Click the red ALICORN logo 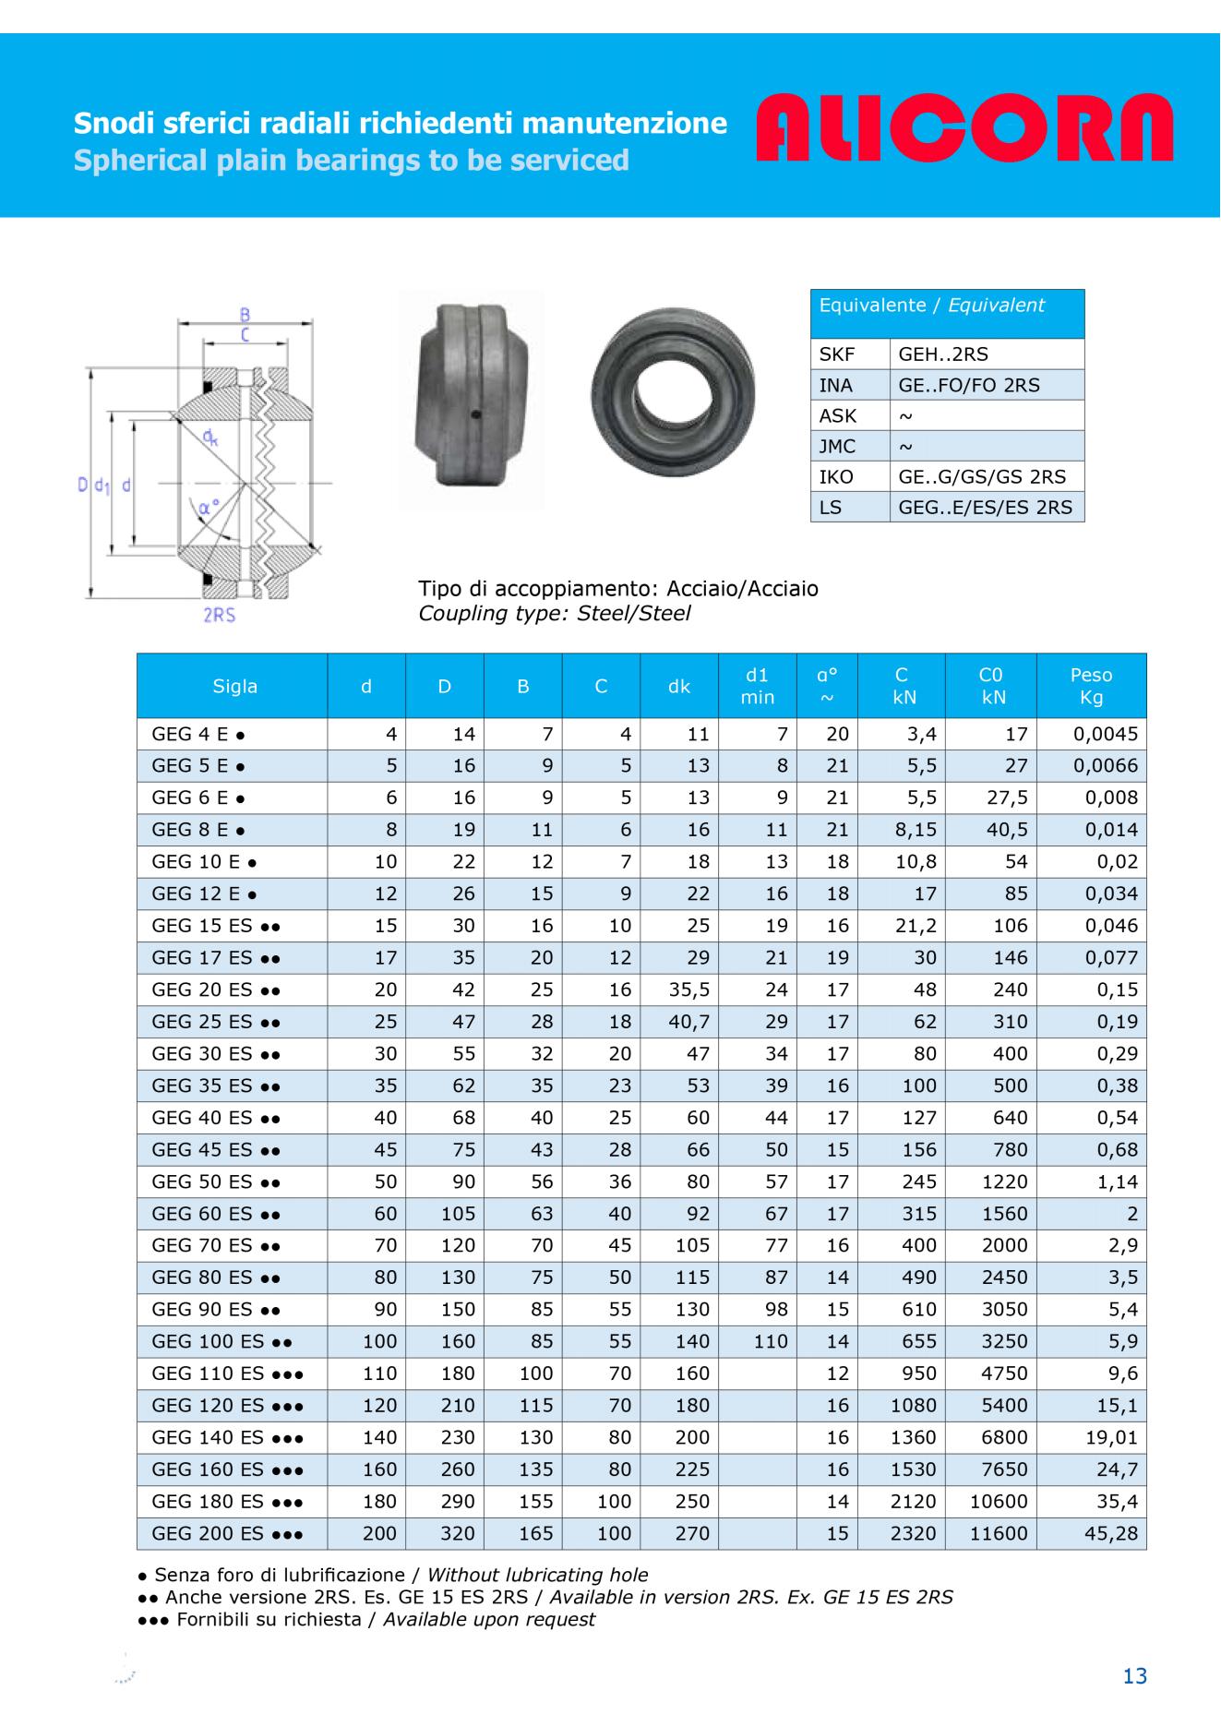coord(964,128)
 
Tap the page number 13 coord(1134,1675)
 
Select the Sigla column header coord(234,686)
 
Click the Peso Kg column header coord(1091,686)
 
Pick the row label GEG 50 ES coord(216,1181)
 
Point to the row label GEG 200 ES coord(227,1533)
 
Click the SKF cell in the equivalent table coord(837,354)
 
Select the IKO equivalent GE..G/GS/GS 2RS coord(981,476)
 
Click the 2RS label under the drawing coord(219,614)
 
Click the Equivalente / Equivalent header coord(931,306)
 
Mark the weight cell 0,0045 coord(1106,735)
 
